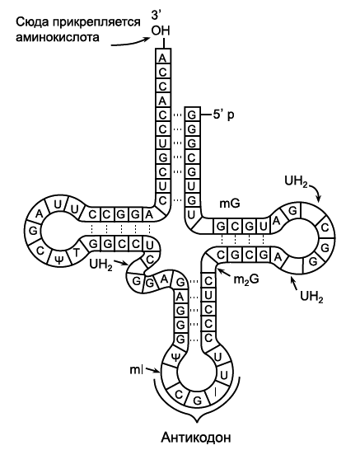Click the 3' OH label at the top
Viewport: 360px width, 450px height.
pos(161,23)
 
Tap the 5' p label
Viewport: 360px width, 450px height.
pos(223,115)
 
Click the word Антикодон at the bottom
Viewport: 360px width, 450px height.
pos(196,438)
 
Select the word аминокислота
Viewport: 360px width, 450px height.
pos(58,38)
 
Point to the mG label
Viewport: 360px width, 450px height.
pos(230,204)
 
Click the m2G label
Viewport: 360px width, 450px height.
pos(246,279)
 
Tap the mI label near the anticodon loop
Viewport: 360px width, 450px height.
pos(136,370)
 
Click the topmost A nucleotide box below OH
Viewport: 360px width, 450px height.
pos(162,59)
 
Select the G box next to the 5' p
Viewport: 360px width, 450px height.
pos(192,115)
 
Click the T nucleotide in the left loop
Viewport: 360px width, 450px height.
pos(76,253)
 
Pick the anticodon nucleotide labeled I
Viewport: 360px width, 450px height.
pos(215,392)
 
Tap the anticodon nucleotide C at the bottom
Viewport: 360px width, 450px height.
pos(179,395)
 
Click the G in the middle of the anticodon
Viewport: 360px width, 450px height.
pos(197,400)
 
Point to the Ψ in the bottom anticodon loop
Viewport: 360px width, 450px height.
pos(175,357)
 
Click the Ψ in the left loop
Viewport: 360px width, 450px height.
pos(58,260)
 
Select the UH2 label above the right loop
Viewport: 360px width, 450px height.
pos(296,181)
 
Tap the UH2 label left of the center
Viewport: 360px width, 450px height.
pos(101,265)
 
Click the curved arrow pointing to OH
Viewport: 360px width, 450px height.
pos(130,42)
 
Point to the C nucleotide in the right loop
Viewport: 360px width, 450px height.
pos(325,227)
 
